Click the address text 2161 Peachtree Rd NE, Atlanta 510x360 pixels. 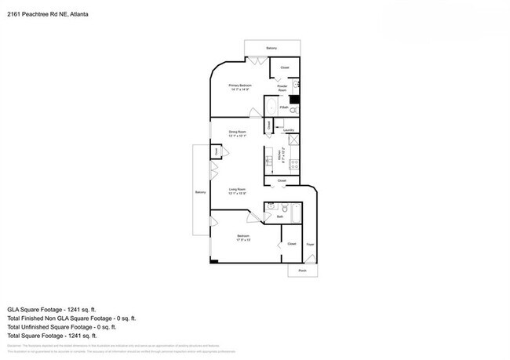(47, 13)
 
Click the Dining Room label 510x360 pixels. (238, 133)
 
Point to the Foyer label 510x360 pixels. (309, 245)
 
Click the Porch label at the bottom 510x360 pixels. (302, 271)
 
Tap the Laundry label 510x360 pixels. (289, 130)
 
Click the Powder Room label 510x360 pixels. (282, 88)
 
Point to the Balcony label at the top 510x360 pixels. (271, 49)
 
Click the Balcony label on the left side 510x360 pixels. (200, 192)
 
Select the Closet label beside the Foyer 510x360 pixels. (290, 244)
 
